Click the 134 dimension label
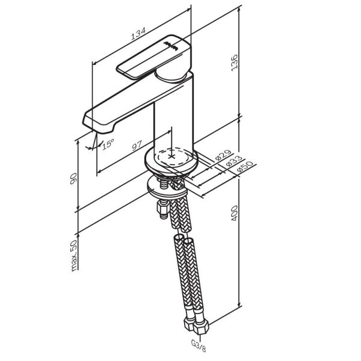coord(138,34)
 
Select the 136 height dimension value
coord(234,63)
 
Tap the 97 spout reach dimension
coord(137,145)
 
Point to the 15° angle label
coord(108,144)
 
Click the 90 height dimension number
coord(73,179)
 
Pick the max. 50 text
coord(74,255)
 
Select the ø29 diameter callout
coord(223,155)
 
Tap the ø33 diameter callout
coord(234,161)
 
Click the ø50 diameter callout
coord(245,167)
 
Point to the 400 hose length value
coord(234,213)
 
